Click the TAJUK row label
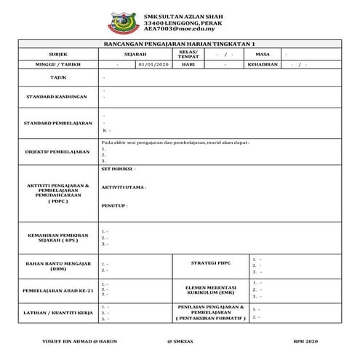[57, 76]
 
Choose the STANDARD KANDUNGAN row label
[57, 96]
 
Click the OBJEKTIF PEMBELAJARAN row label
[57, 152]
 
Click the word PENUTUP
[114, 206]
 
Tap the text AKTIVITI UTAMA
[124, 187]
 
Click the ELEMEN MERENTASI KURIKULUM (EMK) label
[209, 289]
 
